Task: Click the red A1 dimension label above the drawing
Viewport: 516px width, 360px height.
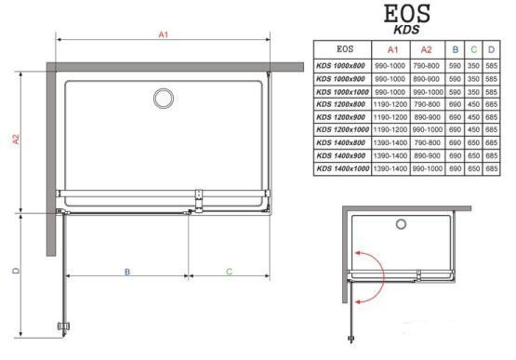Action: (x=164, y=34)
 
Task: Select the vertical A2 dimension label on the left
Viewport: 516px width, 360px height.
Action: (x=16, y=140)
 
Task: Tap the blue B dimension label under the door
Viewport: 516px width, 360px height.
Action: (x=127, y=272)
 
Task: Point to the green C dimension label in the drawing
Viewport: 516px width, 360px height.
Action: (x=230, y=272)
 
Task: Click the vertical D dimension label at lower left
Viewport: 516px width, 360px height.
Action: (x=16, y=271)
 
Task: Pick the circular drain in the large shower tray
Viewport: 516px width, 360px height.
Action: (x=164, y=99)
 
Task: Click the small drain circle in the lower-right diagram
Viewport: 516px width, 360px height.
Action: (x=401, y=224)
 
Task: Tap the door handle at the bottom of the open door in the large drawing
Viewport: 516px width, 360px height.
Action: (x=64, y=327)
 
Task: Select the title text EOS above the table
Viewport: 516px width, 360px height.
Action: (x=407, y=14)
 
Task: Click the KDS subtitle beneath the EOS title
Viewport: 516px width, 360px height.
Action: (x=406, y=30)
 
